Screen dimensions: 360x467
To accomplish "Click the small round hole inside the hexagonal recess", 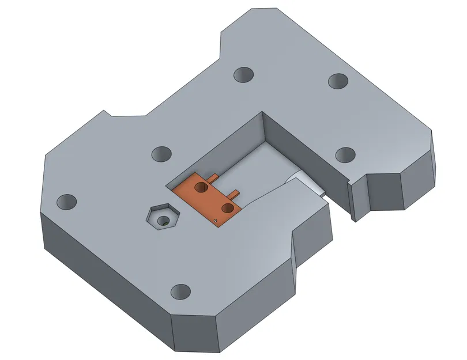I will pos(164,220).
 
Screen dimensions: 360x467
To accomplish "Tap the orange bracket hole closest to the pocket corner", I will pos(201,187).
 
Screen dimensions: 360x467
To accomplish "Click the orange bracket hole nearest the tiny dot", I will pos(228,207).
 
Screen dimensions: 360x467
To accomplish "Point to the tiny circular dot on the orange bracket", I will pos(215,220).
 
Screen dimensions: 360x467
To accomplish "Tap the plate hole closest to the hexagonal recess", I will pos(161,154).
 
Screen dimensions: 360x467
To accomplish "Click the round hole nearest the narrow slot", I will pos(345,154).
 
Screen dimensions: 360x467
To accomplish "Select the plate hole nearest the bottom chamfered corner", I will pos(180,291).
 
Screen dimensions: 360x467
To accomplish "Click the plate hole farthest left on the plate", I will pos(66,202).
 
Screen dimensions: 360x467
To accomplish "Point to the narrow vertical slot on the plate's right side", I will pos(352,202).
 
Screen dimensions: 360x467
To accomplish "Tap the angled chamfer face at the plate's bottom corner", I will pos(196,334).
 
